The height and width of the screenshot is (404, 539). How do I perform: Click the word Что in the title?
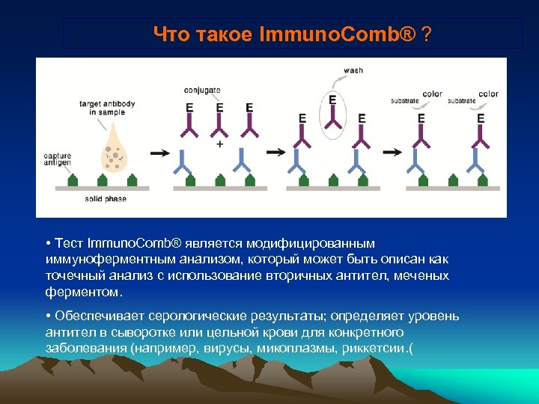pyautogui.click(x=171, y=34)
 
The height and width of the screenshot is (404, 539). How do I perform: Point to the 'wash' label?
pyautogui.click(x=353, y=71)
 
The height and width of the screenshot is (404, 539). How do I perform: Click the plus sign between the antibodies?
pyautogui.click(x=219, y=144)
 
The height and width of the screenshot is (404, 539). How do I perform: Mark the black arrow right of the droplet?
pyautogui.click(x=159, y=153)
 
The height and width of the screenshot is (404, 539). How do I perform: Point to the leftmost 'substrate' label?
pyautogui.click(x=405, y=100)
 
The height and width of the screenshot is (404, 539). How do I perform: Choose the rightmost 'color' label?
pyautogui.click(x=488, y=94)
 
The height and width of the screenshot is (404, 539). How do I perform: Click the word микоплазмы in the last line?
pyautogui.click(x=293, y=349)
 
